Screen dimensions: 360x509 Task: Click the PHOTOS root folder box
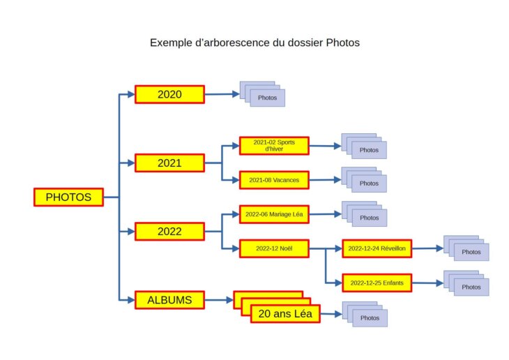click(68, 197)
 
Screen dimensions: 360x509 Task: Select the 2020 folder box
click(169, 94)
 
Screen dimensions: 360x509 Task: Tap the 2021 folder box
click(169, 163)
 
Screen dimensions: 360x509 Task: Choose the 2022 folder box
click(169, 232)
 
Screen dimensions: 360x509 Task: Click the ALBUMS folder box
click(169, 300)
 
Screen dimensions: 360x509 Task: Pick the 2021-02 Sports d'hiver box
click(274, 145)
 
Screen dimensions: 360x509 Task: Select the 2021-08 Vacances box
click(274, 180)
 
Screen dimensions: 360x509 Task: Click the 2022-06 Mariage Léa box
click(274, 214)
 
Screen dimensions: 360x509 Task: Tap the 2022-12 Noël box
click(274, 248)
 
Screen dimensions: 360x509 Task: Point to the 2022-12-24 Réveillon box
click(377, 248)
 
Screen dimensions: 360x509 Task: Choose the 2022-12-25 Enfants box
click(377, 283)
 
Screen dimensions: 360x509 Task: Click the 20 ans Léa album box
click(285, 314)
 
